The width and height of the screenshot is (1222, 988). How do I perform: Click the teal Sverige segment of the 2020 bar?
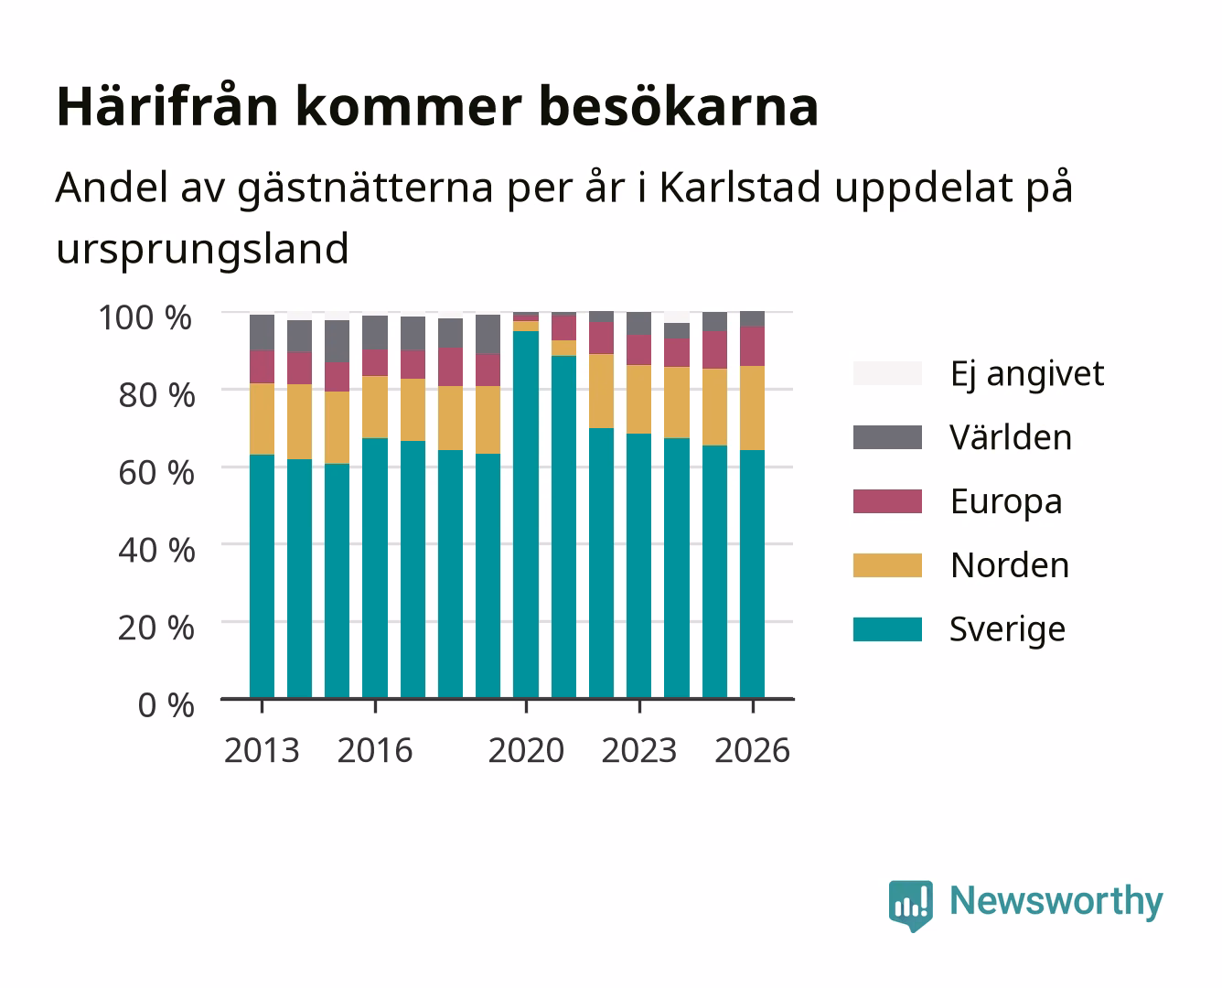(x=526, y=515)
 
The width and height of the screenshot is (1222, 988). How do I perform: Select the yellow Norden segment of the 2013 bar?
(x=262, y=419)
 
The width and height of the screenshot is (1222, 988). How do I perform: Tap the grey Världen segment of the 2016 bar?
(x=375, y=333)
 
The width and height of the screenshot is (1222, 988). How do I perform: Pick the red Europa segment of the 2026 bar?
(x=752, y=347)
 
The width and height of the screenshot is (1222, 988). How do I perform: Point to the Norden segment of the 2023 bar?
(x=638, y=400)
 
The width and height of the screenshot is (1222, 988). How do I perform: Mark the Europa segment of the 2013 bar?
(x=262, y=367)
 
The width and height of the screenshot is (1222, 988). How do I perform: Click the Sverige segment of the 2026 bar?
(x=752, y=575)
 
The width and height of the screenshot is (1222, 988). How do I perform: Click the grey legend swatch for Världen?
(x=887, y=437)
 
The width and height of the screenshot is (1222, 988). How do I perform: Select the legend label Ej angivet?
(x=1027, y=374)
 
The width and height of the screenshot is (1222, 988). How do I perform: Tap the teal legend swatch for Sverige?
(x=887, y=628)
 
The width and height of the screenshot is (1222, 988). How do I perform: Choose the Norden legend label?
(x=1010, y=565)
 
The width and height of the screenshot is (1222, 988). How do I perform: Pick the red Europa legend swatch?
(x=887, y=501)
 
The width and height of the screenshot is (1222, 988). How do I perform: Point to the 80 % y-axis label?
(x=156, y=395)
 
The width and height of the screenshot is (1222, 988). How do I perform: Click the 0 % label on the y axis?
(x=166, y=705)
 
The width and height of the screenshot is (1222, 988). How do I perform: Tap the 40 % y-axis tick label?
(x=156, y=550)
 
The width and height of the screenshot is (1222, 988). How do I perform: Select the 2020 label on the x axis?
(x=526, y=750)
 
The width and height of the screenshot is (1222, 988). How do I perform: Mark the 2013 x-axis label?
(x=262, y=750)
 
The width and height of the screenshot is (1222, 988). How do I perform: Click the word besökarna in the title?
(x=679, y=106)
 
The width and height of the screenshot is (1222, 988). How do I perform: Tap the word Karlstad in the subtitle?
(x=740, y=187)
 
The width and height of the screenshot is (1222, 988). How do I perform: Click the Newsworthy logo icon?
(x=910, y=906)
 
